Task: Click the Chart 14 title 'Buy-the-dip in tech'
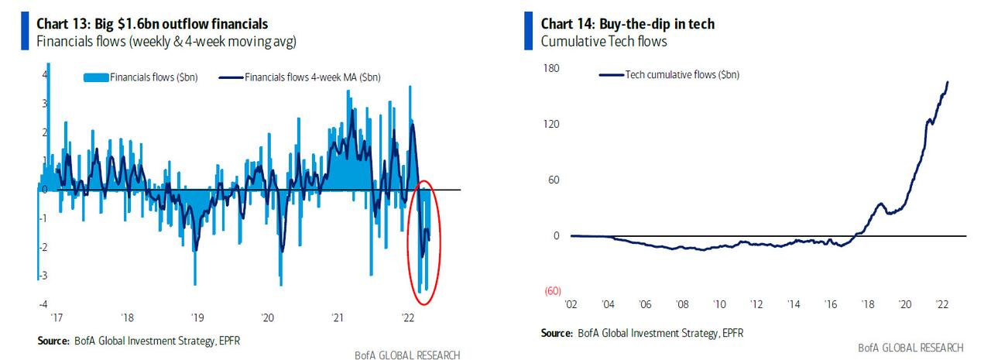pos(627,24)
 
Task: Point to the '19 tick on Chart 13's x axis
pos(197,317)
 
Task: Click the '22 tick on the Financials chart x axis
pos(407,317)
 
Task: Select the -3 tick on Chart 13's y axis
pos(43,276)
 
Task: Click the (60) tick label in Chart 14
pos(552,292)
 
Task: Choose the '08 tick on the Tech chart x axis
pos(682,305)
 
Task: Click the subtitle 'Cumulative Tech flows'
pos(604,41)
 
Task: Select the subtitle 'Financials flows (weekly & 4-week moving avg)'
pos(166,41)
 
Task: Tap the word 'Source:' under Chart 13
pos(53,341)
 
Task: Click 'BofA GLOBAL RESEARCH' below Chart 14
pos(910,347)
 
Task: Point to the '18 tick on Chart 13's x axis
pos(127,317)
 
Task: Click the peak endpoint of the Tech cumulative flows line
pos(948,82)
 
